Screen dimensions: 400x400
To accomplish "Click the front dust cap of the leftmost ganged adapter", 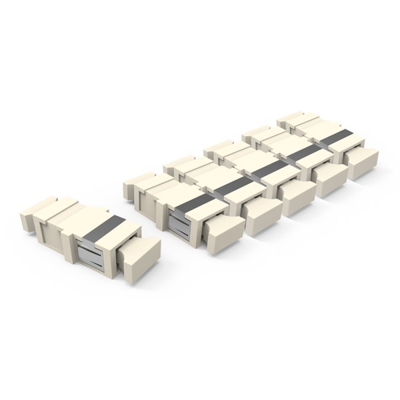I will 223,230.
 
